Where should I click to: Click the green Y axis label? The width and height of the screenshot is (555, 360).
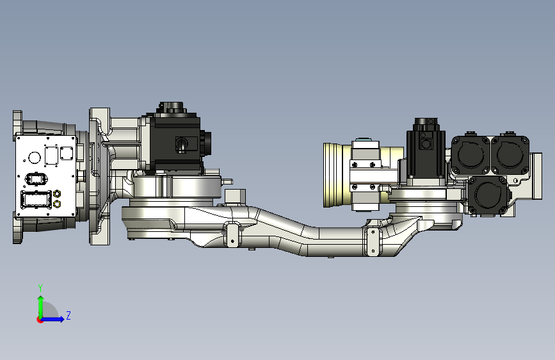[40, 288]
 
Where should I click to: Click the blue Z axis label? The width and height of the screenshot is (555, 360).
[68, 316]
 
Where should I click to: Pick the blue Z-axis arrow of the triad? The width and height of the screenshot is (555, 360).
[56, 318]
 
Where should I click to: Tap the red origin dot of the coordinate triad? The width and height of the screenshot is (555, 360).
[40, 319]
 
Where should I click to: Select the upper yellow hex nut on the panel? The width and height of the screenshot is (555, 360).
[57, 193]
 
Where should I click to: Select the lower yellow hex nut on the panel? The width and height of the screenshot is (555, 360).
[57, 204]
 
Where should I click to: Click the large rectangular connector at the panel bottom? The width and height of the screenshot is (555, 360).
[37, 200]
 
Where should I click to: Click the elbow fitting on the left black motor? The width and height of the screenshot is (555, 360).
[182, 145]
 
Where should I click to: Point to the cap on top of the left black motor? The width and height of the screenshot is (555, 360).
[172, 106]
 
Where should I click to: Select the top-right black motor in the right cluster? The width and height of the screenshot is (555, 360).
[510, 154]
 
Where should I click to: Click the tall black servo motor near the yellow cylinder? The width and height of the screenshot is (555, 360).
[424, 154]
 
